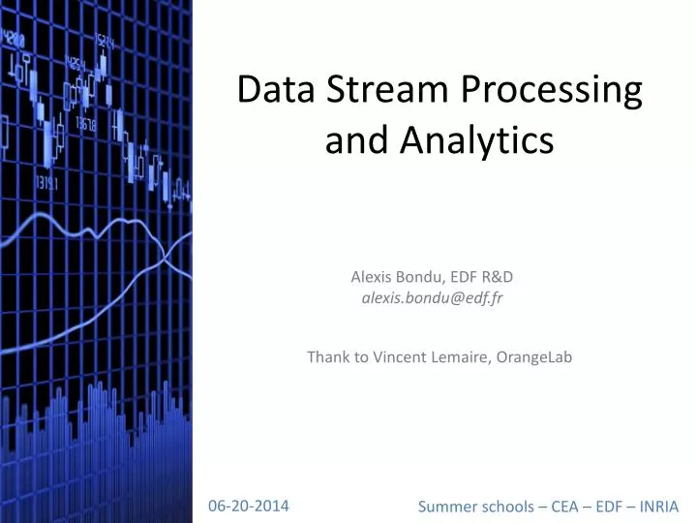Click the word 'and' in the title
click(x=353, y=141)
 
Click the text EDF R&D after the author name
click(x=489, y=277)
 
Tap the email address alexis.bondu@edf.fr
click(x=432, y=298)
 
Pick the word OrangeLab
click(x=535, y=357)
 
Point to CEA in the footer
click(x=565, y=507)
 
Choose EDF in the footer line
click(x=612, y=507)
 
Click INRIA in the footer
click(x=660, y=507)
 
